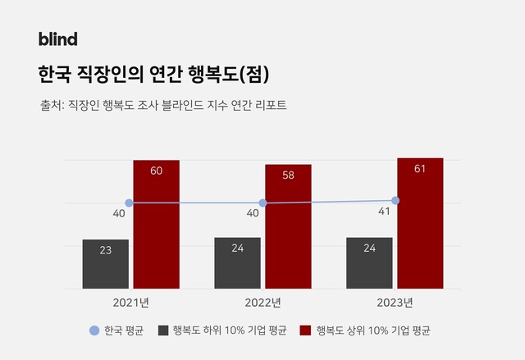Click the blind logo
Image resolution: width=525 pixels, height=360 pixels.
point(57,39)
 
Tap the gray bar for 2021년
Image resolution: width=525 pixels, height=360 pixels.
point(106,264)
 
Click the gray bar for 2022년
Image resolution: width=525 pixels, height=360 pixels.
point(238,263)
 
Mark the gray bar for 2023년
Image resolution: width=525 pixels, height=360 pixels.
point(369,263)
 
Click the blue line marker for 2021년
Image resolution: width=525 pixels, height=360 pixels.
point(129,203)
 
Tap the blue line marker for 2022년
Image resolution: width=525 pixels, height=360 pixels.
point(262,203)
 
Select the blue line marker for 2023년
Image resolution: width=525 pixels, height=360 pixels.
point(395,200)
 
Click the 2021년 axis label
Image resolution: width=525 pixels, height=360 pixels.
point(131,303)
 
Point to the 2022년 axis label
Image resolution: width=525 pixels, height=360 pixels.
point(263,303)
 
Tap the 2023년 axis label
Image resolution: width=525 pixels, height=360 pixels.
point(395,303)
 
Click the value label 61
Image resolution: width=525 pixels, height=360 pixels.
point(420,168)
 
